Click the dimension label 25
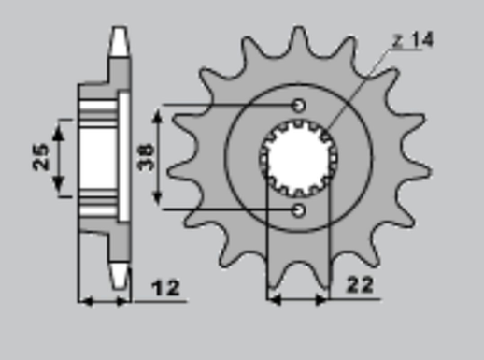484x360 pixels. (x=41, y=158)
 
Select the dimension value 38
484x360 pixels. (x=146, y=156)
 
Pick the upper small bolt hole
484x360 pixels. (x=298, y=105)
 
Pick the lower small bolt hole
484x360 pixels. (x=298, y=209)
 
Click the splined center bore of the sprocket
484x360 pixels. (x=298, y=157)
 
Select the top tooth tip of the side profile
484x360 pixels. (x=118, y=40)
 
